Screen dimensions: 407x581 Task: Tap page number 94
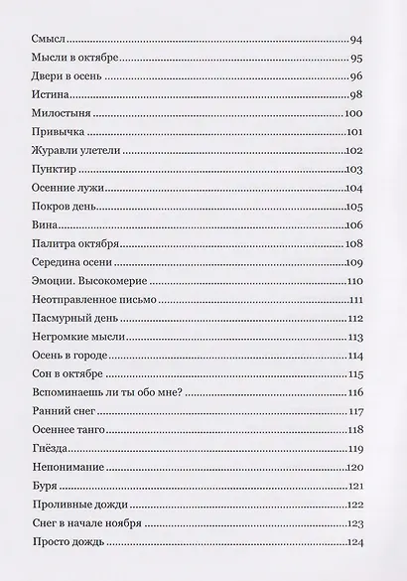tap(359, 39)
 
